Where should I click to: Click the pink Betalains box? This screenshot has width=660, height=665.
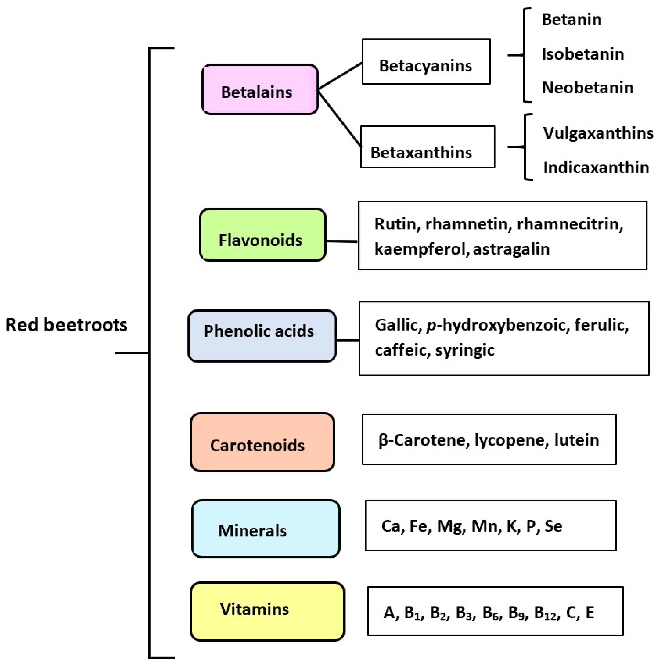(260, 90)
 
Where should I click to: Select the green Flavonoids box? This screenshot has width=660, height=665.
(262, 235)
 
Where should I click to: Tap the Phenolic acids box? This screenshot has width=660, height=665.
(262, 336)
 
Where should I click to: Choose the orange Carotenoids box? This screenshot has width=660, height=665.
(262, 442)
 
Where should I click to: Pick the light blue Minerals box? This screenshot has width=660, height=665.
(266, 529)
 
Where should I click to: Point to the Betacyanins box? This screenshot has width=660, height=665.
(426, 62)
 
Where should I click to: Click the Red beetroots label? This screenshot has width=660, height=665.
(66, 325)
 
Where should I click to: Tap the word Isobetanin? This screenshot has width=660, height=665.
(583, 54)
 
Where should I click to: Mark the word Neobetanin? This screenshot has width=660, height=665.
(587, 88)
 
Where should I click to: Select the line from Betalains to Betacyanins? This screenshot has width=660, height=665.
(340, 76)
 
